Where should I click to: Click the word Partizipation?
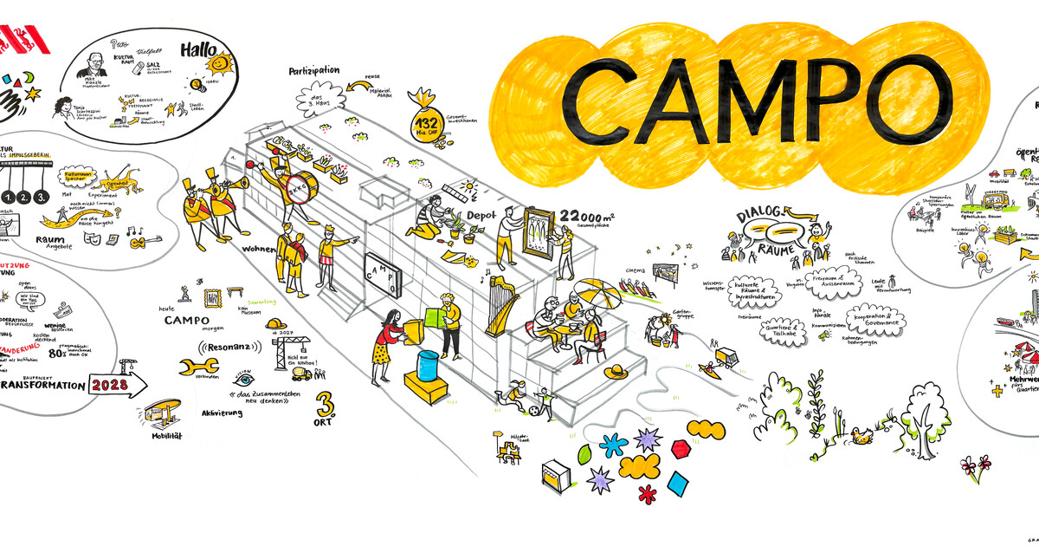click(313, 70)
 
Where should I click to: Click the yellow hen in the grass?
click(860, 436)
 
